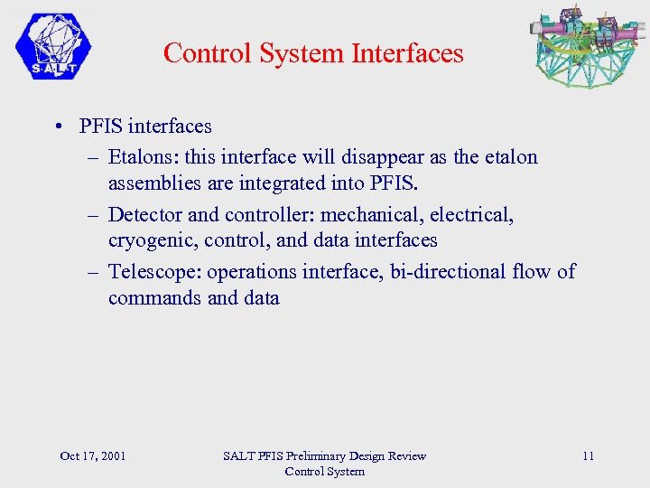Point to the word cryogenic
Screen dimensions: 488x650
(x=151, y=240)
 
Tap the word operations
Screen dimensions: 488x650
(x=247, y=271)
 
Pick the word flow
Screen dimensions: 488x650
(x=530, y=271)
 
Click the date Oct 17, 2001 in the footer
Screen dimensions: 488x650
(x=92, y=455)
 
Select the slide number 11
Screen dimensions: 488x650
(x=588, y=455)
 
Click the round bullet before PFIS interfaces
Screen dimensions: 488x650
(x=57, y=127)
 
